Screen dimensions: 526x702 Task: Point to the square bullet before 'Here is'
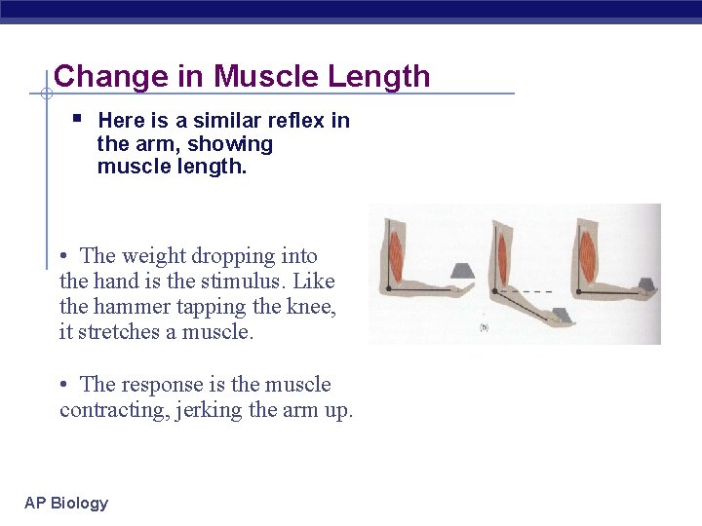(x=77, y=120)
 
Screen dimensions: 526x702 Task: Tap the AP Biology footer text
(x=66, y=504)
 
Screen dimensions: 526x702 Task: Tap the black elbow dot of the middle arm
(x=494, y=291)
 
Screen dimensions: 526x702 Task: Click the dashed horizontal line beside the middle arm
(x=532, y=292)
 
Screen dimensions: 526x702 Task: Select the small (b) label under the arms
(x=484, y=327)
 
